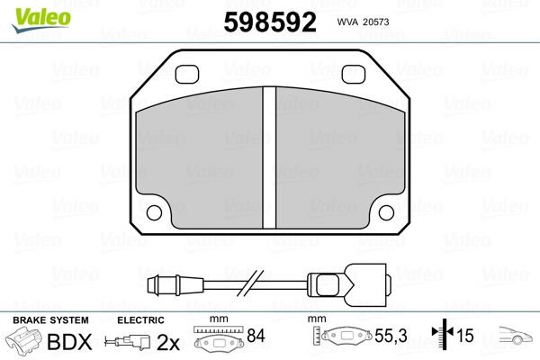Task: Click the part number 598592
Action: [270, 22]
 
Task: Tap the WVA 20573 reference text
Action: [363, 22]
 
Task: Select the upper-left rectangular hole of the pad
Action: [187, 74]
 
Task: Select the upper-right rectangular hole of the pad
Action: [354, 74]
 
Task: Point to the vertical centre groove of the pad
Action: [269, 157]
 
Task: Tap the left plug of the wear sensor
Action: [175, 285]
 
